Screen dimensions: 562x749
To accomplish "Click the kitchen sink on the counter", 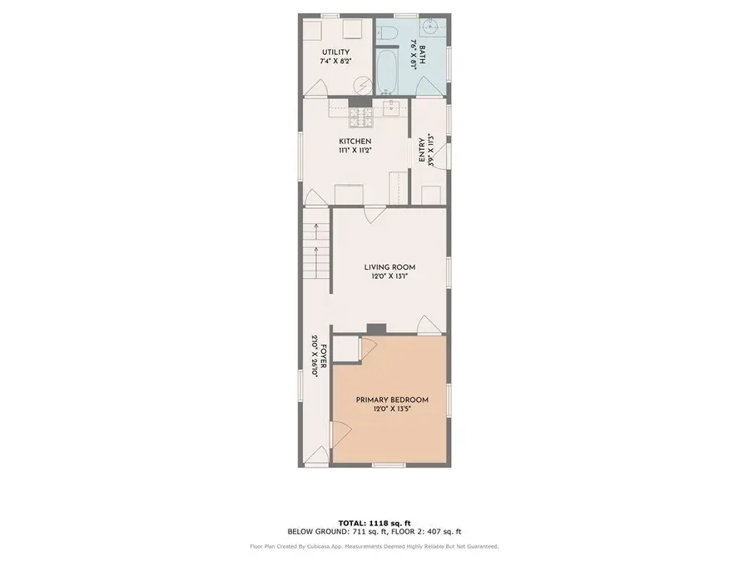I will [393, 107].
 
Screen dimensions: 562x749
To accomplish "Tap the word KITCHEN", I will [355, 142].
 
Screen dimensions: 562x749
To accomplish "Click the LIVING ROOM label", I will [389, 267].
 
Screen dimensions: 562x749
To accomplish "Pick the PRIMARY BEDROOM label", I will [392, 400].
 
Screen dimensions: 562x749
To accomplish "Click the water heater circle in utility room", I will [364, 84].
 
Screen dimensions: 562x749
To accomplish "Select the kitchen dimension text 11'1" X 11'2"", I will [355, 152].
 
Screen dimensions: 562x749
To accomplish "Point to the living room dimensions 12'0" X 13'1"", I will [389, 277].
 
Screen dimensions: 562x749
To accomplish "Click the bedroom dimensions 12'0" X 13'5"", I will [392, 410].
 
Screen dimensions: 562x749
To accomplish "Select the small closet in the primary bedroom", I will [347, 349].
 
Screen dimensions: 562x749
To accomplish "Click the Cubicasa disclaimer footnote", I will [374, 547].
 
